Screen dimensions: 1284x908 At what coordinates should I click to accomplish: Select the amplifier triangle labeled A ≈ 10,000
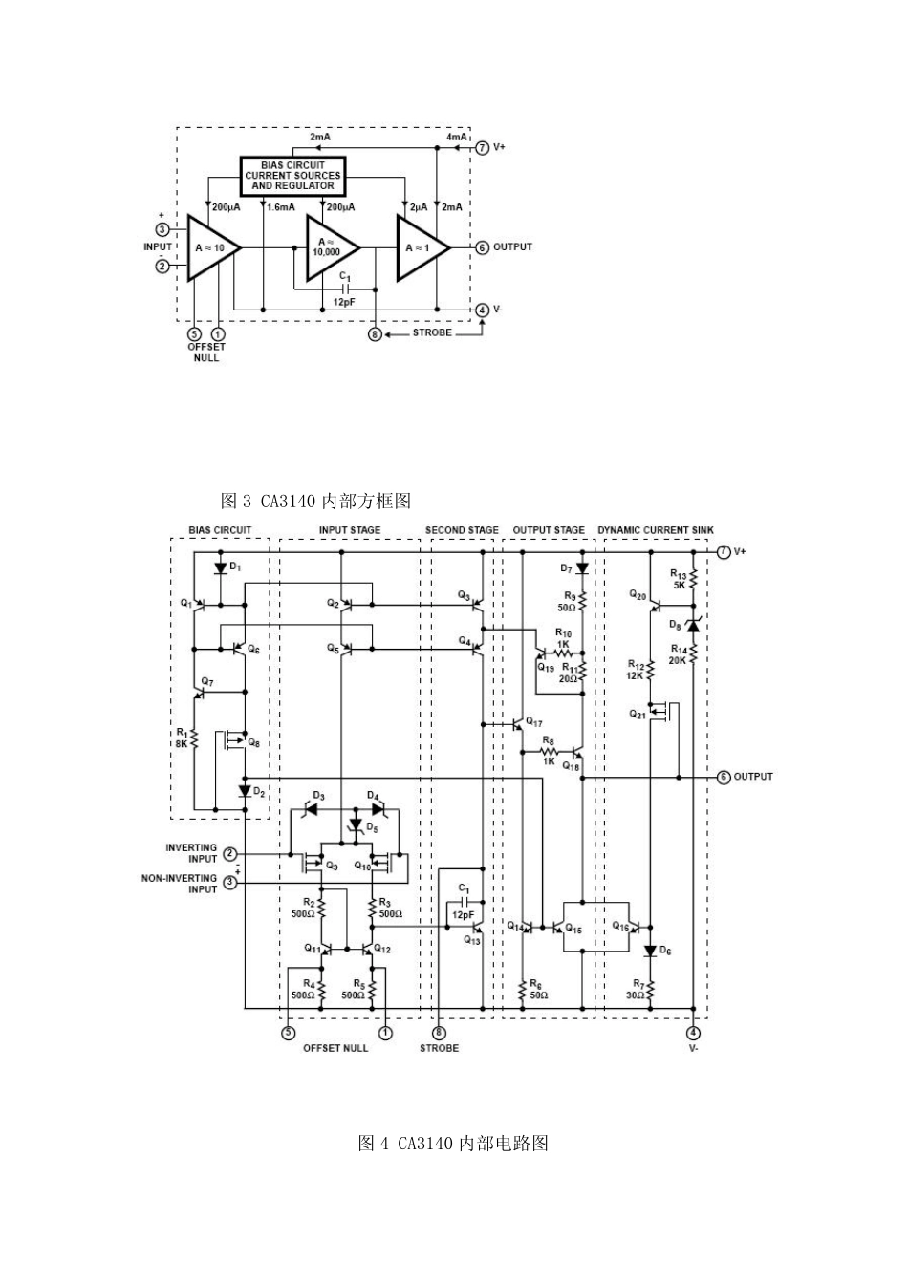pyautogui.click(x=329, y=247)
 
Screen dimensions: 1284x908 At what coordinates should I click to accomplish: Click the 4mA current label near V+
pyautogui.click(x=457, y=138)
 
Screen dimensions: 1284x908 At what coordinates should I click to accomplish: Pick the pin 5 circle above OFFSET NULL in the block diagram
pyautogui.click(x=194, y=334)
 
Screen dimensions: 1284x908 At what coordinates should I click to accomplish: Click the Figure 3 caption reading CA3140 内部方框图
pyautogui.click(x=315, y=501)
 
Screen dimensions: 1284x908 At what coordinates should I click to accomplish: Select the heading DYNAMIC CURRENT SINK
pyautogui.click(x=655, y=530)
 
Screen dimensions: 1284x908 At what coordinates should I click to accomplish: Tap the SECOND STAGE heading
pyautogui.click(x=462, y=530)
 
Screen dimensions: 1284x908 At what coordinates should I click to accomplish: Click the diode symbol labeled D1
pyautogui.click(x=221, y=567)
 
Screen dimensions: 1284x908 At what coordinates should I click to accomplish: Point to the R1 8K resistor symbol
pyautogui.click(x=193, y=738)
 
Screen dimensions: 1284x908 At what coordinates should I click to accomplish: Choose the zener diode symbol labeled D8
pyautogui.click(x=693, y=625)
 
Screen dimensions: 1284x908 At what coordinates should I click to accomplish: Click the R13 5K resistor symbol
pyautogui.click(x=694, y=580)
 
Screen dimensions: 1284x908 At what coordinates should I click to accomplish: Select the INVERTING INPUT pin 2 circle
pyautogui.click(x=230, y=853)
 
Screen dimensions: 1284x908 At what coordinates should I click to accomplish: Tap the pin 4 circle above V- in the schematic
pyautogui.click(x=694, y=1032)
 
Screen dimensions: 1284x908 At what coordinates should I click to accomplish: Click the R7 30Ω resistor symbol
pyautogui.click(x=650, y=990)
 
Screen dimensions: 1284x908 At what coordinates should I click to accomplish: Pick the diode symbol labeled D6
pyautogui.click(x=650, y=951)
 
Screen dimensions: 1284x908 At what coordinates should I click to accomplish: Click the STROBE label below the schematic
pyautogui.click(x=439, y=1048)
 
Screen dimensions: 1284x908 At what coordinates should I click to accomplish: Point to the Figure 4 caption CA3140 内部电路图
pyautogui.click(x=453, y=1144)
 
